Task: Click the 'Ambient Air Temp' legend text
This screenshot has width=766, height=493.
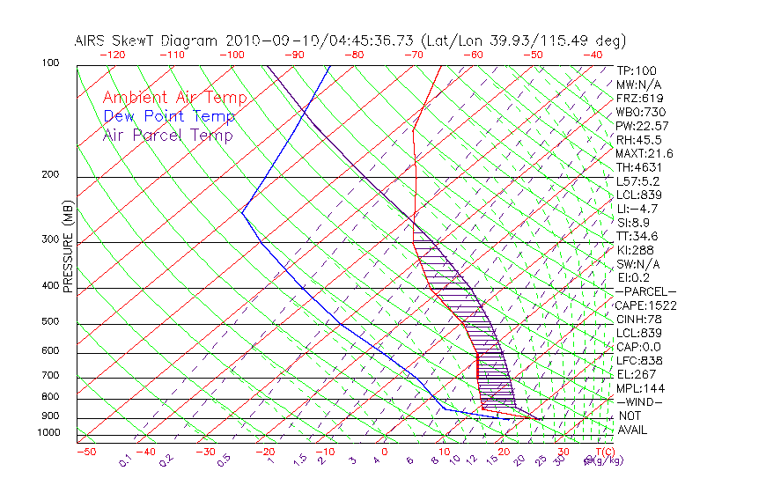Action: click(175, 98)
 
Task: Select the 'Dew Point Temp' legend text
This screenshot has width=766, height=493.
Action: click(168, 116)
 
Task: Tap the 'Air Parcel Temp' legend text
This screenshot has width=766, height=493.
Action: click(167, 135)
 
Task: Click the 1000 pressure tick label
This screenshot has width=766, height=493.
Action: click(49, 432)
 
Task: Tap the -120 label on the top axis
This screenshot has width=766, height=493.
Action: click(112, 55)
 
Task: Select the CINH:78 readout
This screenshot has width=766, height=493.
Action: click(638, 319)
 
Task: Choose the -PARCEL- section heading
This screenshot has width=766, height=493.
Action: click(645, 291)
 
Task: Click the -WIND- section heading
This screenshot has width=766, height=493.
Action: click(639, 401)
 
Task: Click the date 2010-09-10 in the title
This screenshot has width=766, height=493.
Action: click(264, 40)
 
